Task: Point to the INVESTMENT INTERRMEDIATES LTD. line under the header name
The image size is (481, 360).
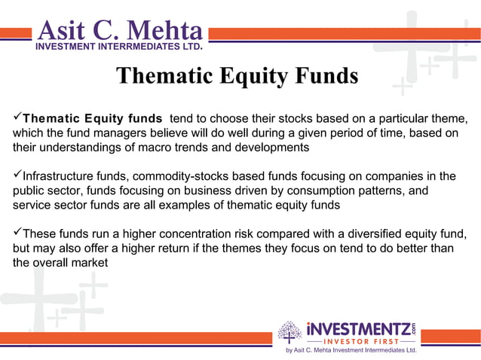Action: click(119, 46)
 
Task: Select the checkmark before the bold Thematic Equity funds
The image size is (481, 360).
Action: click(17, 118)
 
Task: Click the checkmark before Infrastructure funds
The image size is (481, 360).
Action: click(17, 176)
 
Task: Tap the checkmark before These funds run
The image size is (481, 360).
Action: click(17, 233)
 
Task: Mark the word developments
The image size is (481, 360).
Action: click(268, 147)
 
